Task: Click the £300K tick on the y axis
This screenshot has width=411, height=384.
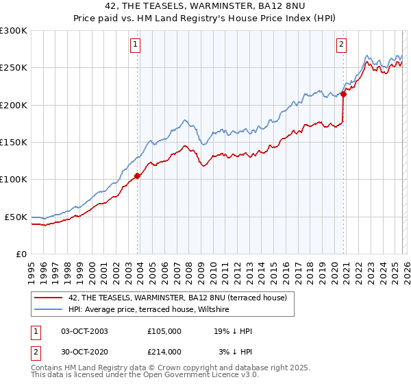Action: tap(14, 31)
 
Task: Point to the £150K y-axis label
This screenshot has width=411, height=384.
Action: tap(14, 143)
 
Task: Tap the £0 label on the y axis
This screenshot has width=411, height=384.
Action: tap(22, 254)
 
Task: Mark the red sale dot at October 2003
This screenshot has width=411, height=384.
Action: tap(138, 176)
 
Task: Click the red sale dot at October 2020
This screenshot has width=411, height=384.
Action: tap(344, 95)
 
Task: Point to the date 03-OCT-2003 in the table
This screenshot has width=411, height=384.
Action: tap(84, 331)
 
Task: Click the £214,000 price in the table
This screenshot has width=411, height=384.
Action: tap(164, 351)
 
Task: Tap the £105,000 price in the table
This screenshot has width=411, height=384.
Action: tap(164, 331)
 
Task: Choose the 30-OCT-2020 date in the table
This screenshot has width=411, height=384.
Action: tap(84, 351)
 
